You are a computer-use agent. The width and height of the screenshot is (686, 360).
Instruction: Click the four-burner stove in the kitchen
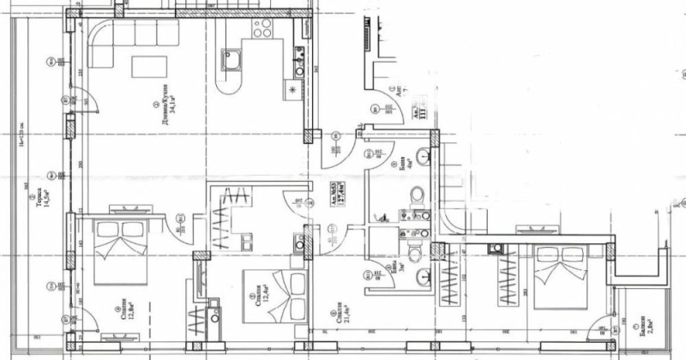coord(261,28)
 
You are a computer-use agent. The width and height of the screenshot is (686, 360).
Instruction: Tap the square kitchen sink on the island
coord(232,58)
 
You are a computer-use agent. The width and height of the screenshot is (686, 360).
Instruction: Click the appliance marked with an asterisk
coord(298,90)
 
